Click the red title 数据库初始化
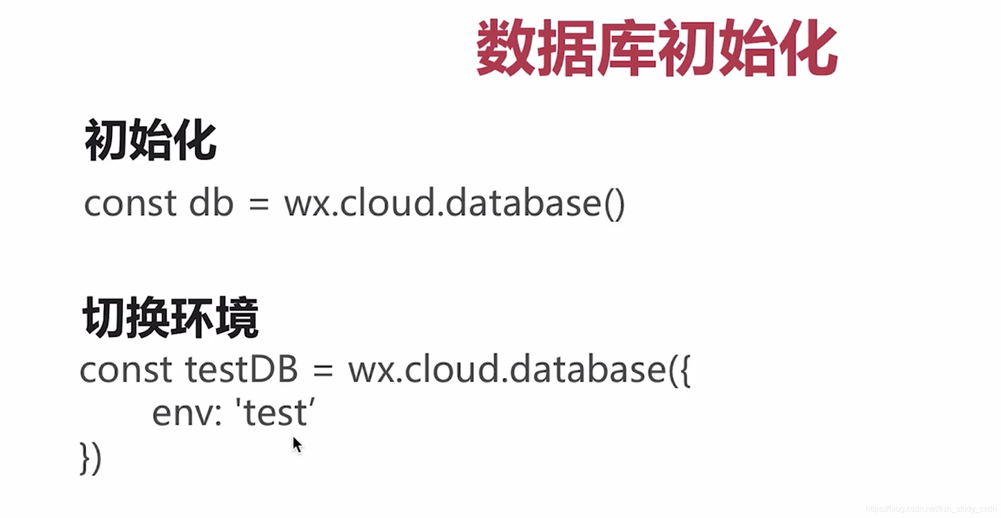tap(656, 48)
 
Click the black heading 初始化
tap(150, 140)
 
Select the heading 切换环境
tap(171, 318)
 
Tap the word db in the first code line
tap(211, 203)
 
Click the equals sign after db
tap(259, 204)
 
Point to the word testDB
tap(241, 370)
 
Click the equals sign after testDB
tap(323, 371)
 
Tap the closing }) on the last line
tap(91, 458)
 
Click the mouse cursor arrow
tap(297, 445)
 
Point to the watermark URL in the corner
tap(931, 509)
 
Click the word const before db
tap(130, 203)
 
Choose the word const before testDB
tap(126, 370)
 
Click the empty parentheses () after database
tap(614, 204)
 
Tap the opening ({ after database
tap(680, 370)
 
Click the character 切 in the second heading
tap(104, 318)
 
